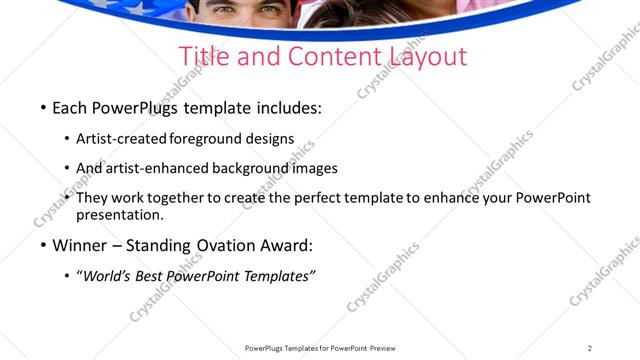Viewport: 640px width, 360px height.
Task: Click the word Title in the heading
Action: pos(203,56)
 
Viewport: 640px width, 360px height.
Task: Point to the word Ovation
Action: pos(230,245)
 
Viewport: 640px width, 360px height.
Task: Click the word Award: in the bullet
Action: pos(290,245)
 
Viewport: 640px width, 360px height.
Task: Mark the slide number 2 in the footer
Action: pos(590,348)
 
